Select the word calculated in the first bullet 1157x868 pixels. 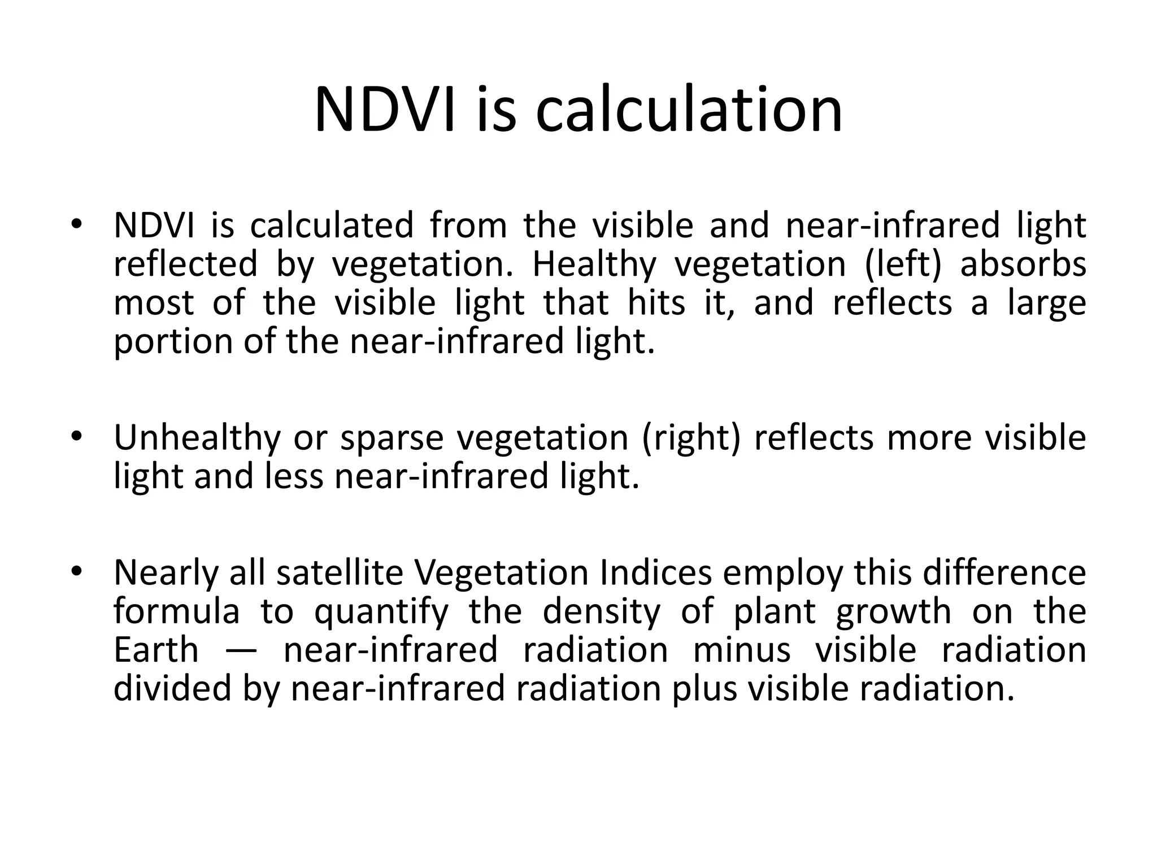[x=332, y=225]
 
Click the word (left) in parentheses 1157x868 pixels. [x=903, y=264]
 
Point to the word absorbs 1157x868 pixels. [x=1023, y=264]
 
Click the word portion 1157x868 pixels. [x=172, y=342]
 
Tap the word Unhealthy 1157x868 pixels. [x=197, y=438]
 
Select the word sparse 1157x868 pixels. [x=392, y=438]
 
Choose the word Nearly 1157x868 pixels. [x=166, y=573]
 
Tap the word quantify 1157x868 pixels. [x=381, y=612]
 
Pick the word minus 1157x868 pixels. [x=741, y=650]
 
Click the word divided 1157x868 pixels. [x=172, y=688]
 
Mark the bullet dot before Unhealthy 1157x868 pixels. [x=77, y=436]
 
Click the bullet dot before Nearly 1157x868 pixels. [x=77, y=570]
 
